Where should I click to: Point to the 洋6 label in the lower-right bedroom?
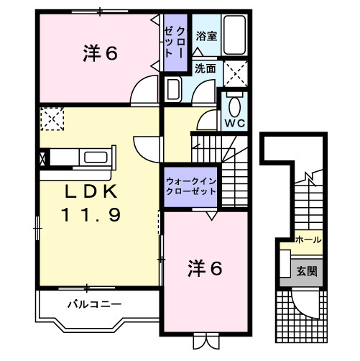tap(205, 268)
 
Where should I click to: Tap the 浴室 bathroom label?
tap(207, 35)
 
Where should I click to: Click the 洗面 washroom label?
tap(206, 69)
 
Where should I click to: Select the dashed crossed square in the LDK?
tap(52, 117)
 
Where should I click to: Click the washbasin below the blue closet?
tap(173, 89)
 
